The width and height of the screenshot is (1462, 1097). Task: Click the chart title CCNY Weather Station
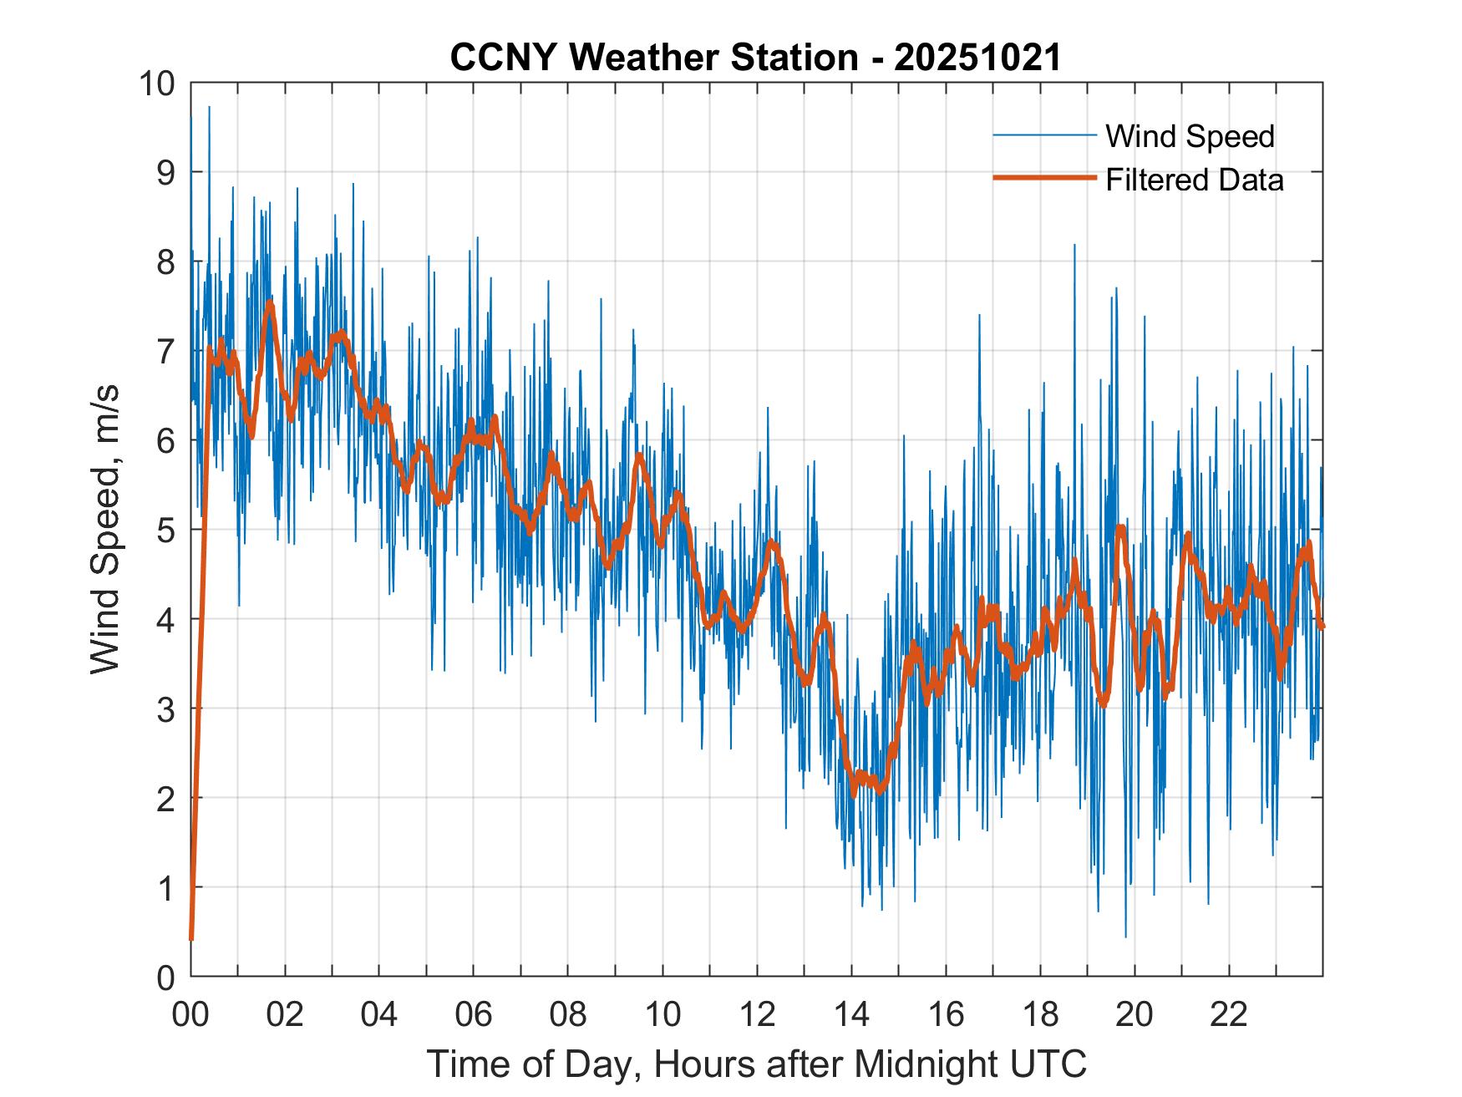pos(654,58)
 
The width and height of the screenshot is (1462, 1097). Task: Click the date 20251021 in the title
pos(977,58)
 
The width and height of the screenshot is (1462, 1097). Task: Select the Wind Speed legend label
pos(1190,136)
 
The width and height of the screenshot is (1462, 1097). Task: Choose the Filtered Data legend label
pos(1194,180)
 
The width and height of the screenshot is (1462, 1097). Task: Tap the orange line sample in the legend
pos(1044,178)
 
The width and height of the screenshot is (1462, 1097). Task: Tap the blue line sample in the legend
pos(1044,135)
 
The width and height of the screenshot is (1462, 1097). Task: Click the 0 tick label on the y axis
pos(166,977)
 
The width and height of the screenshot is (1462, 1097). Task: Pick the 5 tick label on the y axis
pos(166,530)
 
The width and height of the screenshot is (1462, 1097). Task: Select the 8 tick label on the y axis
pos(166,262)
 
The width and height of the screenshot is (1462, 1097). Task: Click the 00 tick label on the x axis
pos(190,1014)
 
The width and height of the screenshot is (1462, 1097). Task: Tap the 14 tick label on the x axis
pos(851,1014)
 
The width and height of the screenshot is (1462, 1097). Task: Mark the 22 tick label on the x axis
pos(1229,1014)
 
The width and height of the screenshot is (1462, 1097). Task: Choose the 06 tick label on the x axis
pos(474,1014)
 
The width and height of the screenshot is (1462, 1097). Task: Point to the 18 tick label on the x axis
pos(1040,1014)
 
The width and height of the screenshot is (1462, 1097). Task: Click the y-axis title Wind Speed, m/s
pos(105,530)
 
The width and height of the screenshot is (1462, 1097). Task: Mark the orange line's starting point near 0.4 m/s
pos(191,939)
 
